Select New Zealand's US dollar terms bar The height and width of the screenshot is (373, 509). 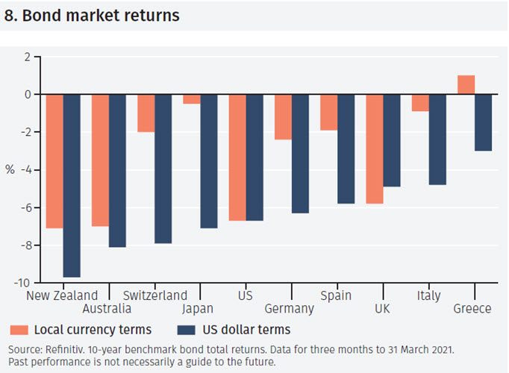(x=72, y=186)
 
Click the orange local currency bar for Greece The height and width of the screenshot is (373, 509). (x=466, y=85)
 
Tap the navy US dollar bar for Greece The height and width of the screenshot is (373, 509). (x=483, y=122)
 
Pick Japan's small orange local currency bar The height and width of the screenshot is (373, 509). (x=192, y=99)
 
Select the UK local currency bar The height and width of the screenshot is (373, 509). (x=375, y=149)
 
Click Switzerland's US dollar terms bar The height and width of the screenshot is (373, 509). (x=163, y=169)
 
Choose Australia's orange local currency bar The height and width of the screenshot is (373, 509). (x=100, y=160)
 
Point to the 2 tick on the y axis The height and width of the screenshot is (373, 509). (x=27, y=57)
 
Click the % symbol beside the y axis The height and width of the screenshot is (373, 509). (x=10, y=169)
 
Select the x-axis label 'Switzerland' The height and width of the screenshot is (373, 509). (x=154, y=295)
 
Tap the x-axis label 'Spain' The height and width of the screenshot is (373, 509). (x=336, y=295)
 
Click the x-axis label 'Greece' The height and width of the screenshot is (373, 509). (x=472, y=309)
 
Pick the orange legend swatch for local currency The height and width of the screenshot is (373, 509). (x=19, y=330)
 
